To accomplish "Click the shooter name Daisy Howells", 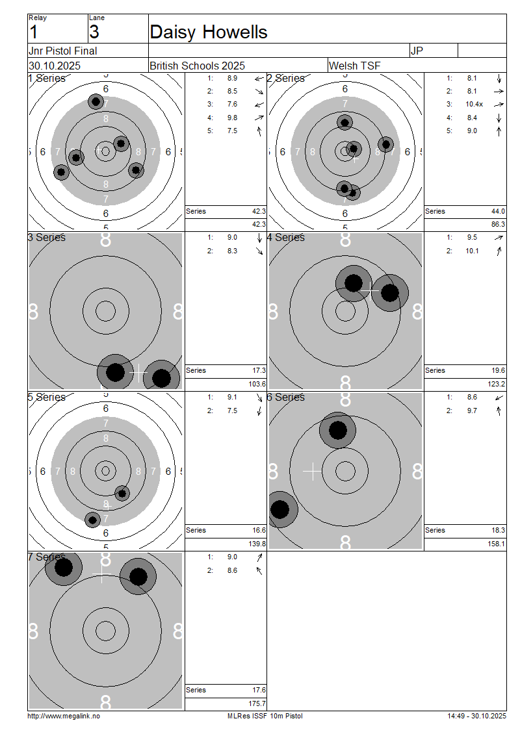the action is pyautogui.click(x=209, y=32).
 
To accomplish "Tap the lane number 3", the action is pyautogui.click(x=94, y=32).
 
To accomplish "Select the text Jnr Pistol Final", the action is pyautogui.click(x=63, y=51).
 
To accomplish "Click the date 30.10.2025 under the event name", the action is pyautogui.click(x=55, y=66).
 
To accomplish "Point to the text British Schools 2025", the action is pyautogui.click(x=197, y=66).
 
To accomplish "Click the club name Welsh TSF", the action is pyautogui.click(x=355, y=66).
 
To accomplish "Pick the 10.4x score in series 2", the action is pyautogui.click(x=474, y=105).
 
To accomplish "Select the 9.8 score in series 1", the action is pyautogui.click(x=232, y=118).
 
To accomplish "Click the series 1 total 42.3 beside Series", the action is pyautogui.click(x=259, y=211).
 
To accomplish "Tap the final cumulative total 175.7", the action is pyautogui.click(x=257, y=703).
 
